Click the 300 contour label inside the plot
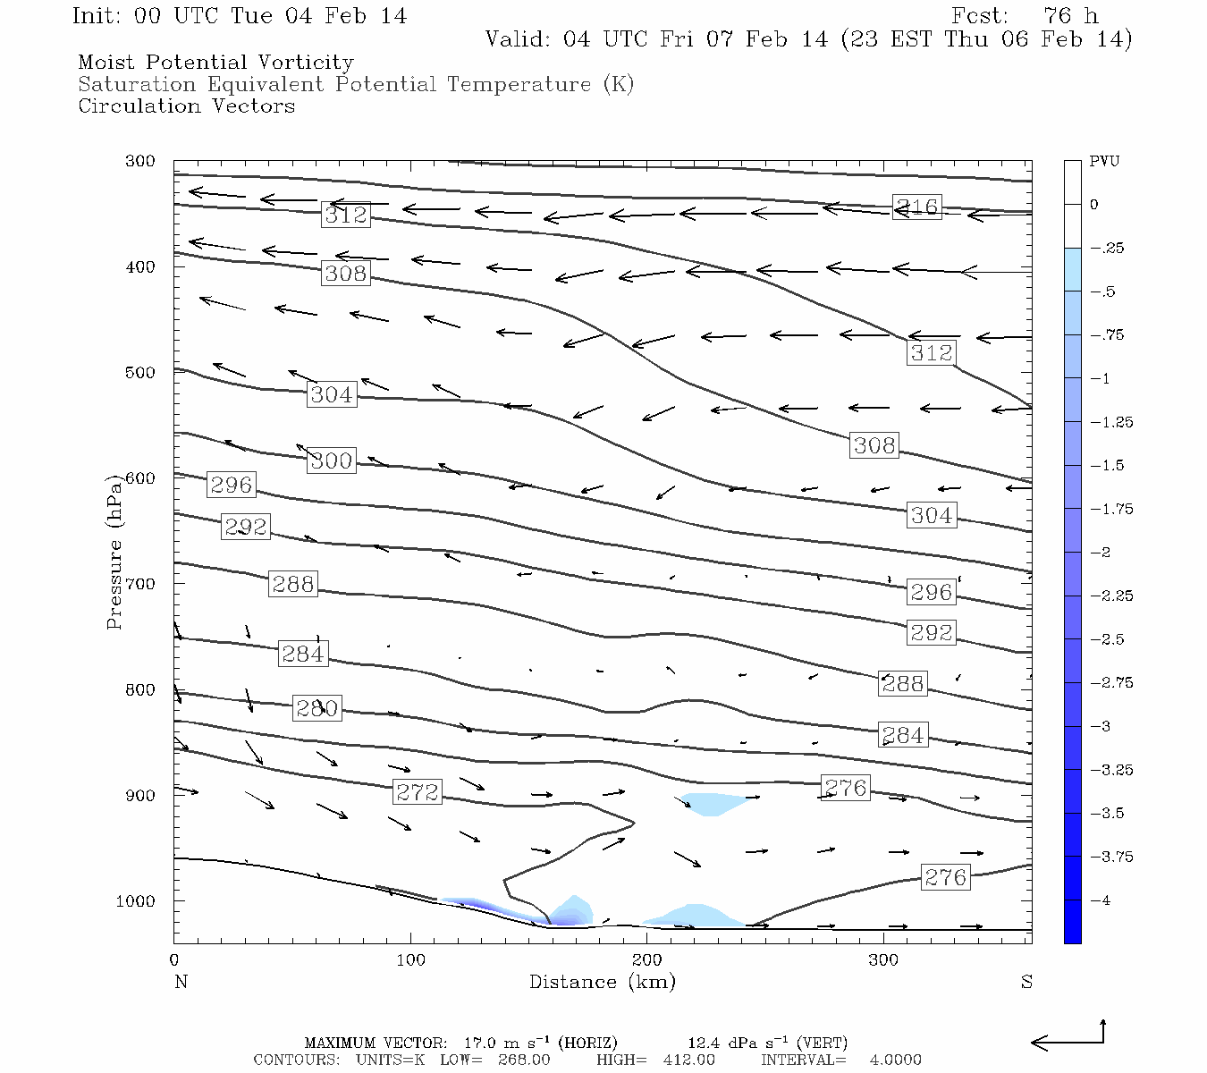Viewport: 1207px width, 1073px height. (332, 460)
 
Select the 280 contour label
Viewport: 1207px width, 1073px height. (317, 708)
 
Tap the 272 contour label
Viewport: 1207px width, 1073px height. (418, 792)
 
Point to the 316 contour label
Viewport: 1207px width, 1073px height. (917, 207)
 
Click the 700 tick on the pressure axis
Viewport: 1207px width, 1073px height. (140, 584)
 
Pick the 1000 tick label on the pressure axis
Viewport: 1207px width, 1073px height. (135, 901)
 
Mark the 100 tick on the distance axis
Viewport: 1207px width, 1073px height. (410, 960)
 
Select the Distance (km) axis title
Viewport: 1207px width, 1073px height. (602, 982)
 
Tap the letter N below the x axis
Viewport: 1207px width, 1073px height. (181, 982)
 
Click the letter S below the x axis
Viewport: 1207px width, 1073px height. (1026, 982)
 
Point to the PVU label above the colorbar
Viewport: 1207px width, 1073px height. (1104, 162)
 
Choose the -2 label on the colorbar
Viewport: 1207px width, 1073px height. (1101, 553)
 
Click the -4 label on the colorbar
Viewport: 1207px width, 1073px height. (1101, 900)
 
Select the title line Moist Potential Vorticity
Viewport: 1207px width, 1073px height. (215, 63)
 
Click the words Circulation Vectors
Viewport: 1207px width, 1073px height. (186, 106)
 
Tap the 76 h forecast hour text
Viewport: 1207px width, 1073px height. (1070, 16)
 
